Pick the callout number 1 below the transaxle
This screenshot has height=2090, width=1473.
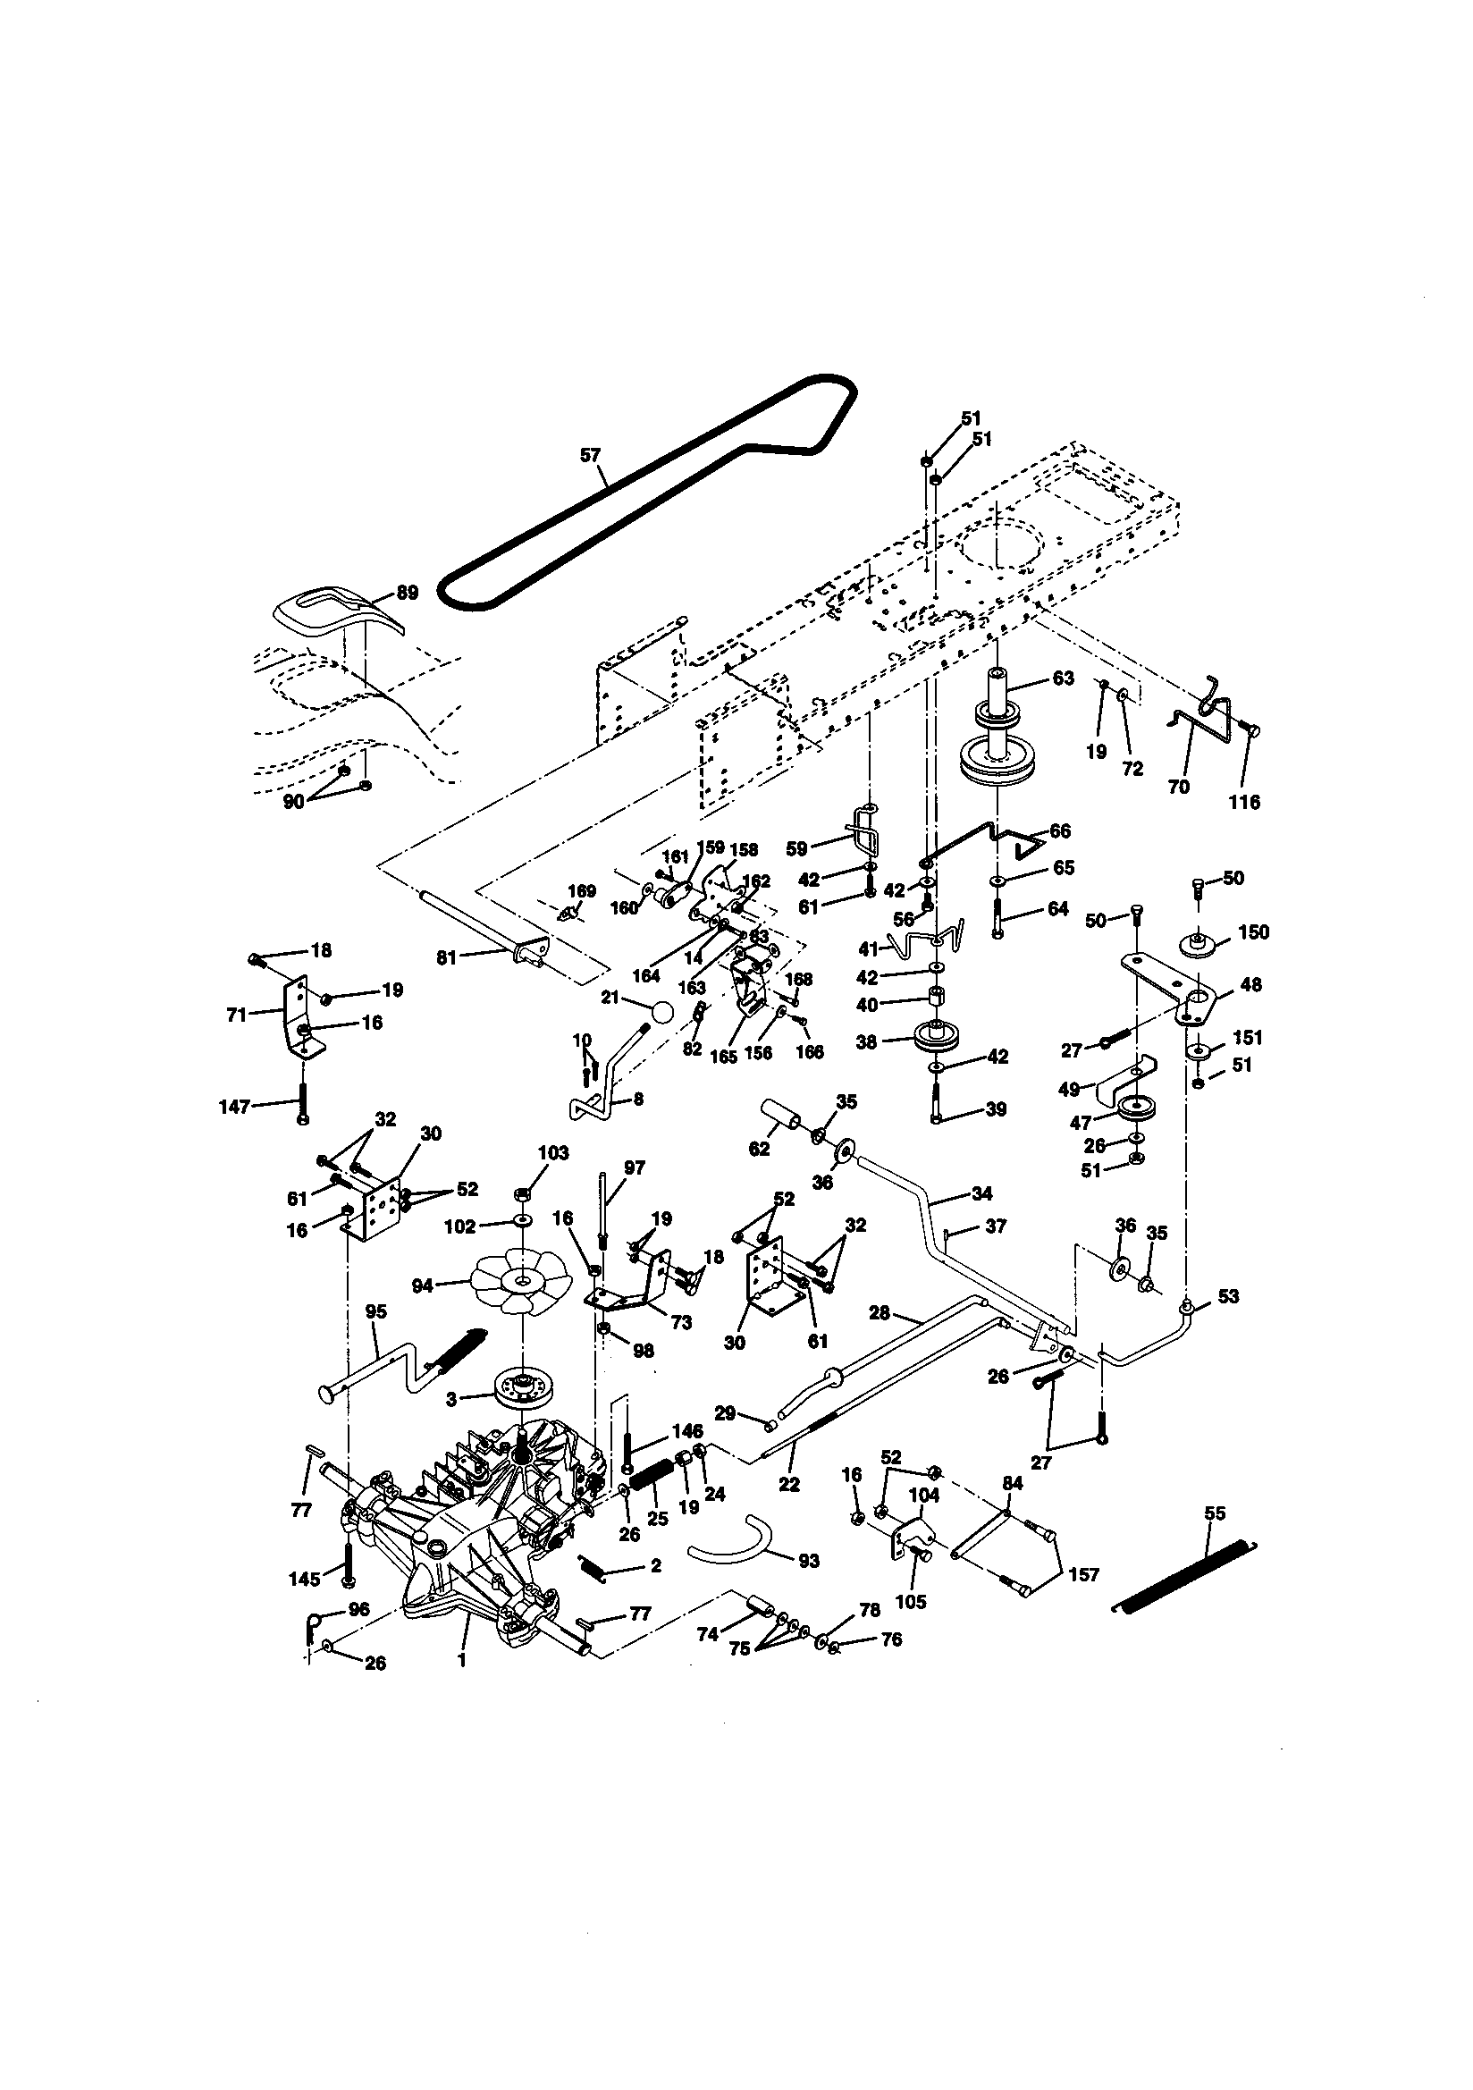coord(461,1660)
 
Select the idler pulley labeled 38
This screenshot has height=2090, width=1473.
coord(935,1035)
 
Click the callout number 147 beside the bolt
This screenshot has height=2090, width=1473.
coord(236,1107)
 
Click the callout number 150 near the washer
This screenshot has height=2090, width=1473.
coord(1253,932)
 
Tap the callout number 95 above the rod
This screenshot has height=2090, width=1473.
coord(375,1311)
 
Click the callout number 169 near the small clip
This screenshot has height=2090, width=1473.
coord(582,890)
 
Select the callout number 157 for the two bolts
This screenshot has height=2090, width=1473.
coord(1083,1575)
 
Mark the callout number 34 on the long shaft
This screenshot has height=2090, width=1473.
coord(981,1193)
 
